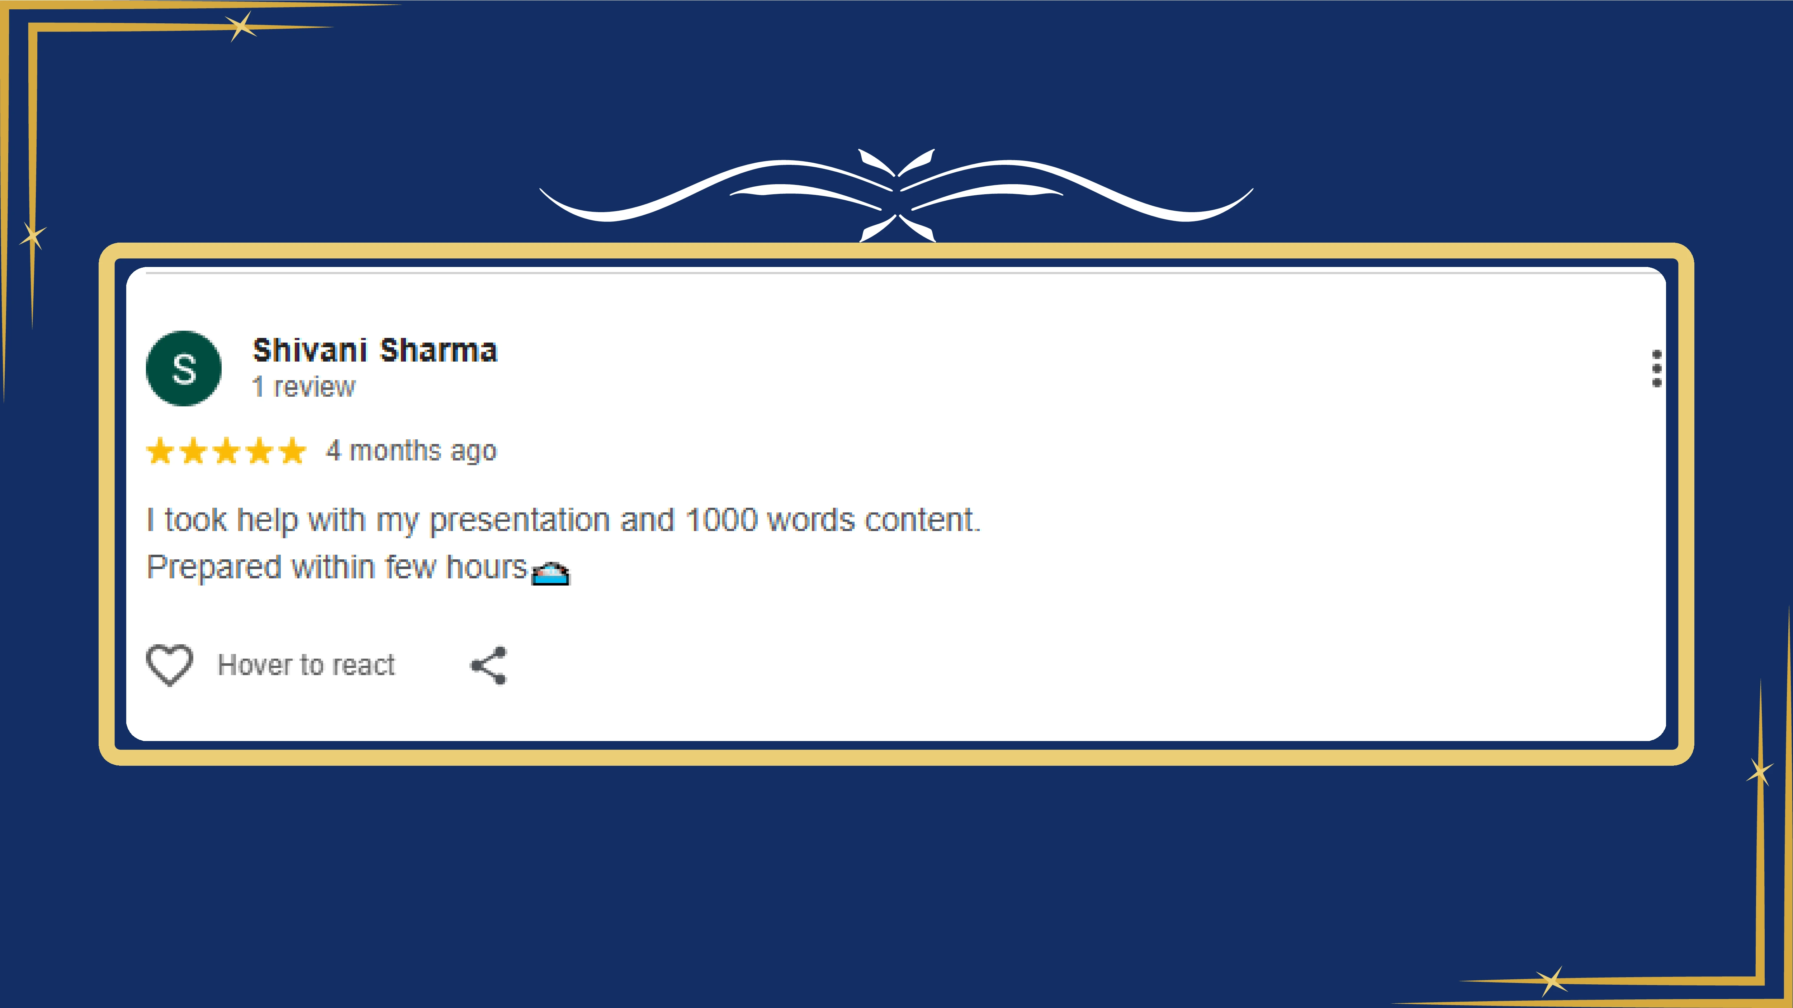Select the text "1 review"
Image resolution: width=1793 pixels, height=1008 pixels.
[x=303, y=387]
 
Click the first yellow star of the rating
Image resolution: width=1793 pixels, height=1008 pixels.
[x=160, y=451]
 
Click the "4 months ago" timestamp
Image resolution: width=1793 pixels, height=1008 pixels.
[x=411, y=451]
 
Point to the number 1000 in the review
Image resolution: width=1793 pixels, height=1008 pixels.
[x=721, y=520]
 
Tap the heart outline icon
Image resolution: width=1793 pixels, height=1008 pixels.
[x=169, y=665]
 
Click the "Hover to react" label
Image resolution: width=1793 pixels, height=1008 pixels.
[x=306, y=665]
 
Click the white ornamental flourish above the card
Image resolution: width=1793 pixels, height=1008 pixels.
[x=896, y=195]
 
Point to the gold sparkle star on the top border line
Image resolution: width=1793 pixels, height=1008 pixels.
[x=241, y=27]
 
